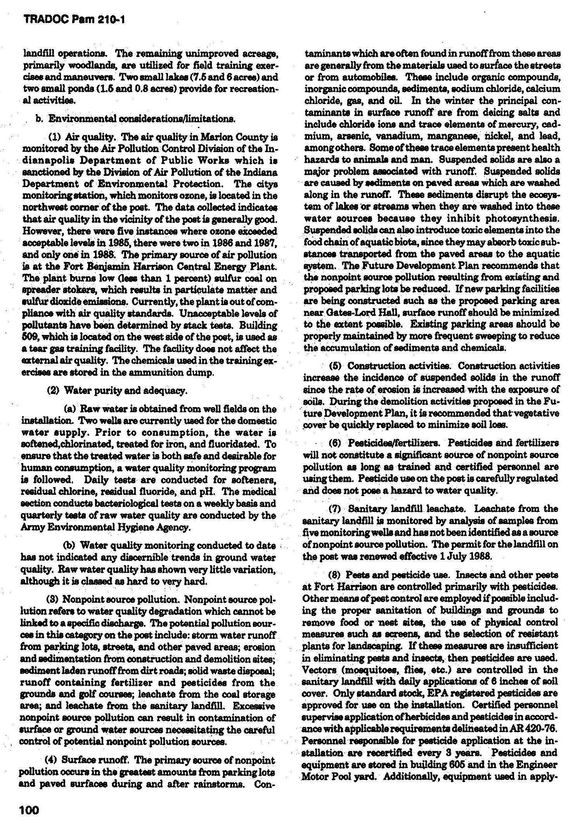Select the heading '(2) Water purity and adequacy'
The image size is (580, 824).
pyautogui.click(x=116, y=390)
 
